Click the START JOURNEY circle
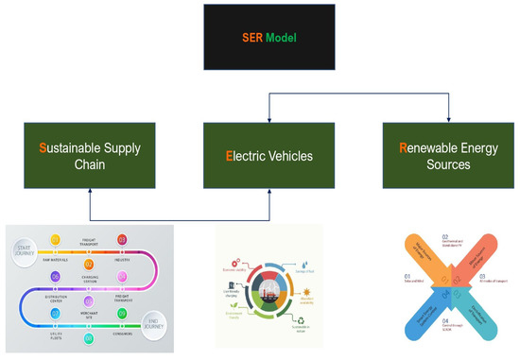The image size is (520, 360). click(x=27, y=249)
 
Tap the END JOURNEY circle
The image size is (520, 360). click(x=156, y=320)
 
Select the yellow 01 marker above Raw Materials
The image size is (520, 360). click(x=55, y=240)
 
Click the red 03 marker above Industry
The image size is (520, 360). click(x=122, y=240)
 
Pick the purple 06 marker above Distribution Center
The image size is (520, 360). click(x=55, y=277)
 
